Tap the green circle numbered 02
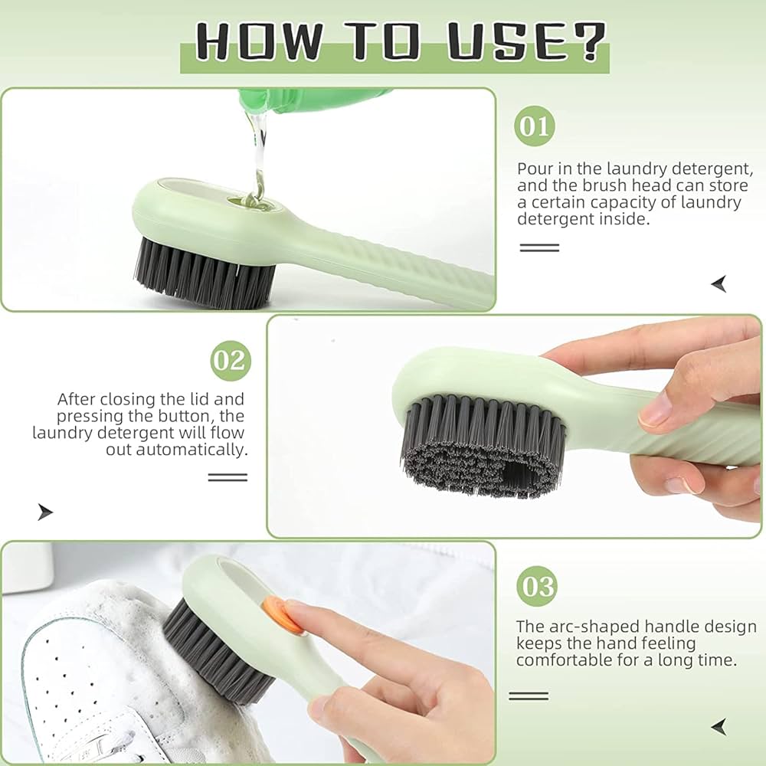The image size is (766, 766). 230,360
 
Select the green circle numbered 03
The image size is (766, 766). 536,586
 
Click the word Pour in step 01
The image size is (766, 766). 535,169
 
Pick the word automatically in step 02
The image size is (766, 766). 191,450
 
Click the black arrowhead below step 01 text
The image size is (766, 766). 719,285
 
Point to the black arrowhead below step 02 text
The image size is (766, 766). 45,512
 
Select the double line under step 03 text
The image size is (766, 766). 529,696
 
